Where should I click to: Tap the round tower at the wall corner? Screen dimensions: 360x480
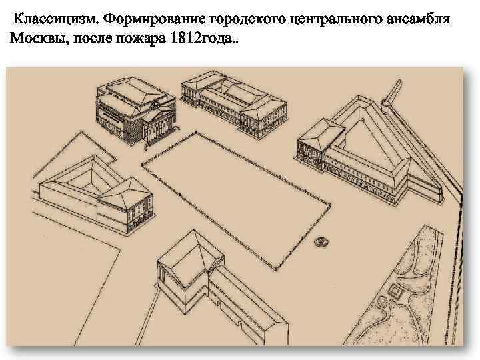(x=389, y=104)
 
